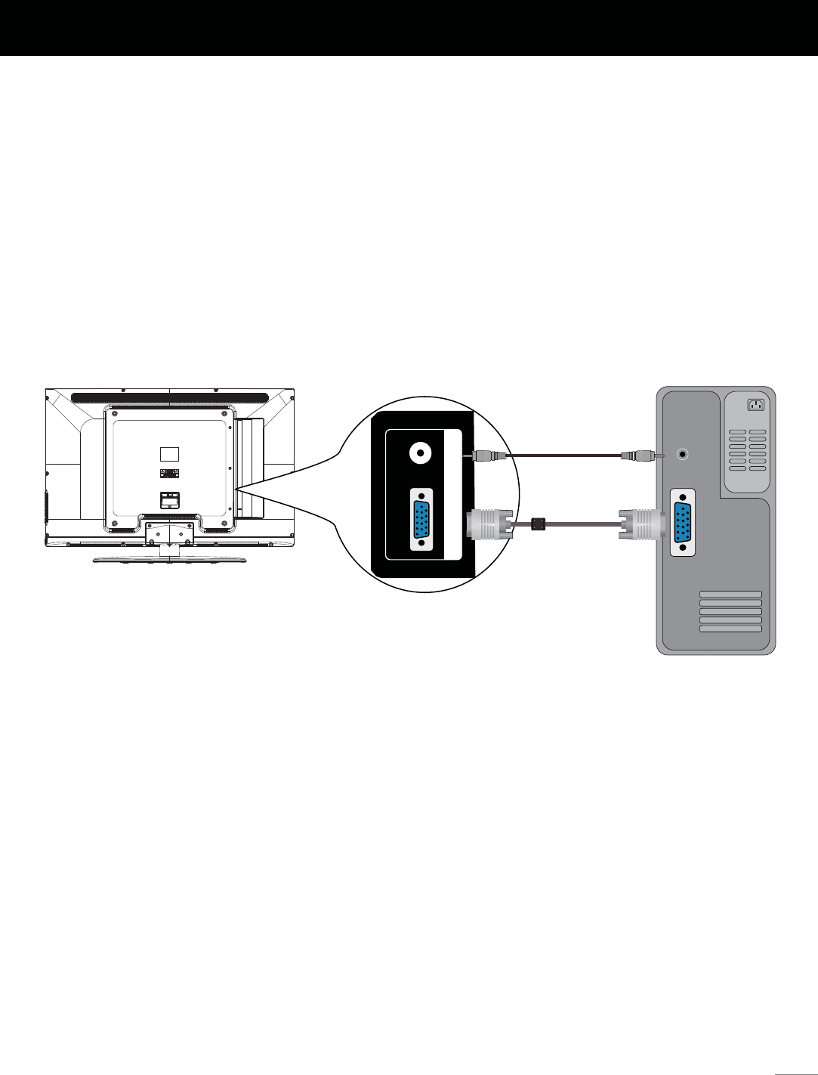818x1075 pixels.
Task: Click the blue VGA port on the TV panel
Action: click(x=421, y=519)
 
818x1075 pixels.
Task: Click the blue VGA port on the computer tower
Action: click(x=683, y=522)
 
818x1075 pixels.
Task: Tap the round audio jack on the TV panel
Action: click(x=419, y=453)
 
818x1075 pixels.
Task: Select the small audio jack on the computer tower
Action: click(x=684, y=455)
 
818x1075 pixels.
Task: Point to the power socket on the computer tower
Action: click(x=755, y=405)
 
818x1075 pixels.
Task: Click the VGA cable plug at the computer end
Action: click(x=641, y=523)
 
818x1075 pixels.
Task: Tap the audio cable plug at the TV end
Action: click(x=483, y=456)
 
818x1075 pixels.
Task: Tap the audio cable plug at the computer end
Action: click(x=637, y=456)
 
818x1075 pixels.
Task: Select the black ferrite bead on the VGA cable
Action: click(x=539, y=523)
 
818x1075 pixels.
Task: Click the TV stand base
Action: click(x=169, y=560)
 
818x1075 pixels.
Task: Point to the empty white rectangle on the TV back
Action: click(x=170, y=453)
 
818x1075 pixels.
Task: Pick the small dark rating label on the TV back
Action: click(x=170, y=473)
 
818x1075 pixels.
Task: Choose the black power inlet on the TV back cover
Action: click(x=170, y=499)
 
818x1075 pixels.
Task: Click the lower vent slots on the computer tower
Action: click(x=730, y=611)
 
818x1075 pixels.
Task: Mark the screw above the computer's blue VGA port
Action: click(x=683, y=497)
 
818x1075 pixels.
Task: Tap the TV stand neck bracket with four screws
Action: click(x=169, y=533)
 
